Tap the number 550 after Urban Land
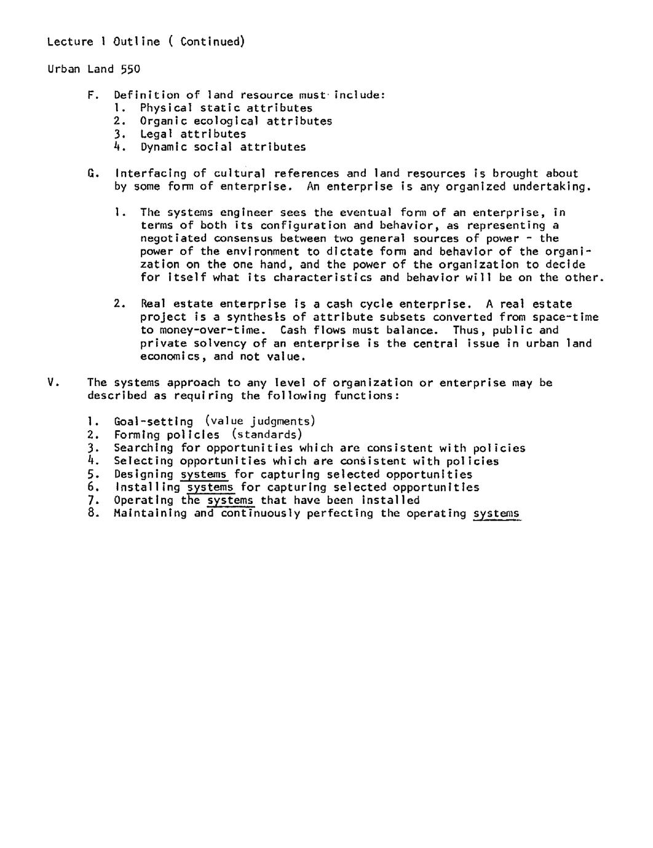(130, 69)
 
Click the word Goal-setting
(153, 422)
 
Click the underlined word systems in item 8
(497, 514)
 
